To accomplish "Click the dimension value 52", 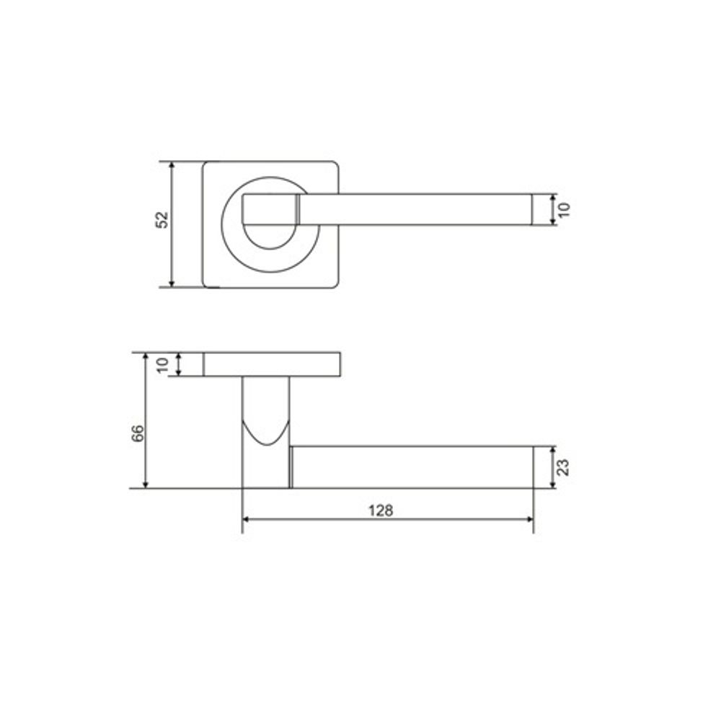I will coord(163,220).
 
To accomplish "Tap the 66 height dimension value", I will coord(138,433).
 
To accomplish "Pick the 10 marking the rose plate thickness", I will coord(163,365).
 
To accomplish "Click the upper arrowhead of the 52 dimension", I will coord(172,167).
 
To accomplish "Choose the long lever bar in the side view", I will coord(411,467).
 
